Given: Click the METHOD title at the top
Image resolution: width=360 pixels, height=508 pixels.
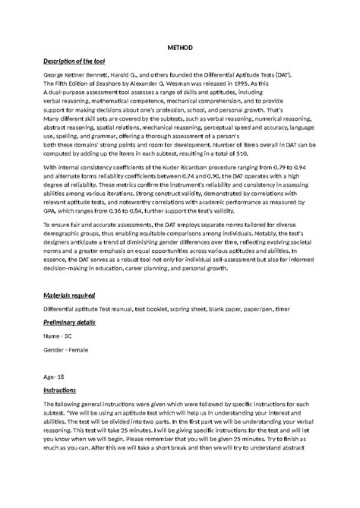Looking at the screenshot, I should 179,47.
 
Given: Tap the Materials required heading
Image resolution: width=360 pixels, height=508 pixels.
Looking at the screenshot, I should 69,294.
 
